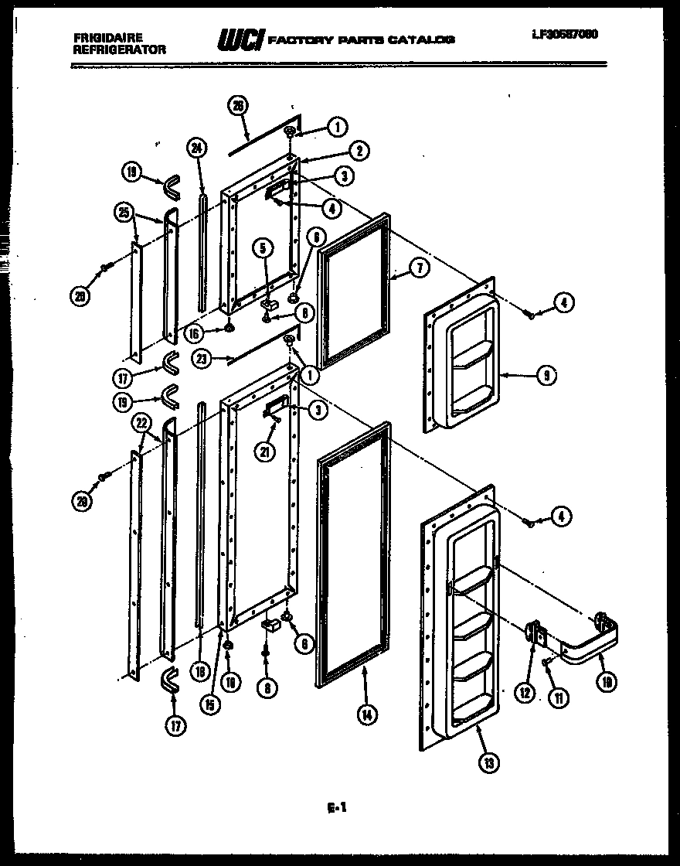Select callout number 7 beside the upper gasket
point(417,268)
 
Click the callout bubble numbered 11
point(557,697)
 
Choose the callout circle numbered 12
point(525,694)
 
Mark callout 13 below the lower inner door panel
point(488,762)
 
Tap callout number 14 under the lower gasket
point(365,714)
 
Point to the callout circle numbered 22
point(141,422)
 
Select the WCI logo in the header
point(240,39)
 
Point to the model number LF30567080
point(564,34)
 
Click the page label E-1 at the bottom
point(336,809)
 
